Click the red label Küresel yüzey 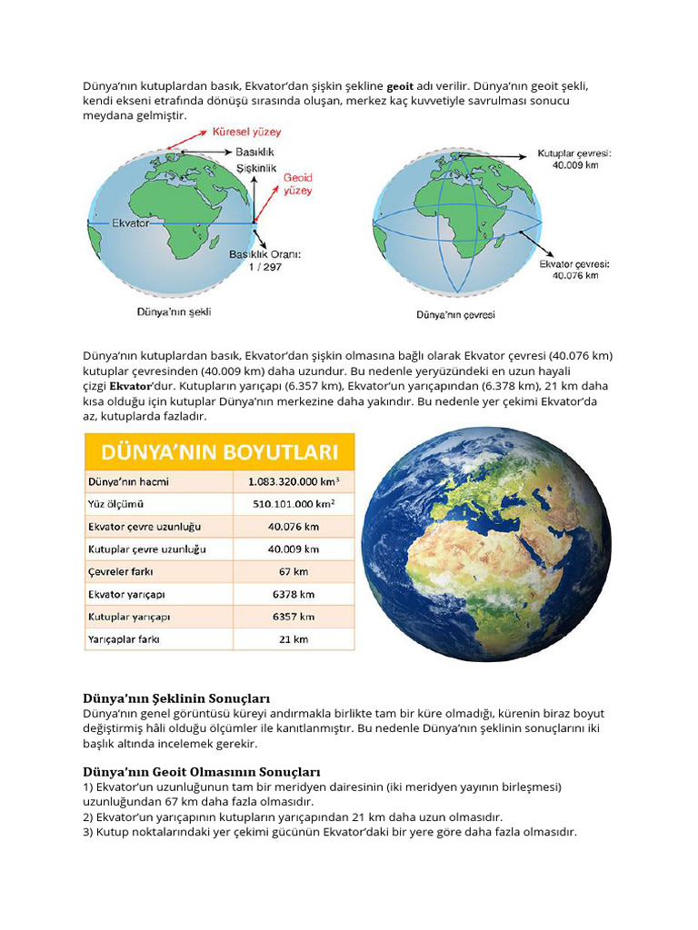coord(246,132)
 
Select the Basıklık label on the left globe coord(254,152)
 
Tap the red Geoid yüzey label coord(297,184)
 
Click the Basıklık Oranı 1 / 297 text coord(264,260)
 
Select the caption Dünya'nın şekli coord(174,312)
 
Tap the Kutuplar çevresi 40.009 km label coord(574,159)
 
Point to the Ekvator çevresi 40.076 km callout coord(574,269)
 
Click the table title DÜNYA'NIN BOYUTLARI coord(220,451)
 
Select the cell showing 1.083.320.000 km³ coord(294,481)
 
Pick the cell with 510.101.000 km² coord(294,504)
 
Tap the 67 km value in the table coord(294,572)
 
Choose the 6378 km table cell coord(294,594)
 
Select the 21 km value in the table coord(294,639)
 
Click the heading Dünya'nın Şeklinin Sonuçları coord(177,698)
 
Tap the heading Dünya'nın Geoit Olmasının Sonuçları coord(202,771)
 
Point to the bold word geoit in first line coord(401,86)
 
